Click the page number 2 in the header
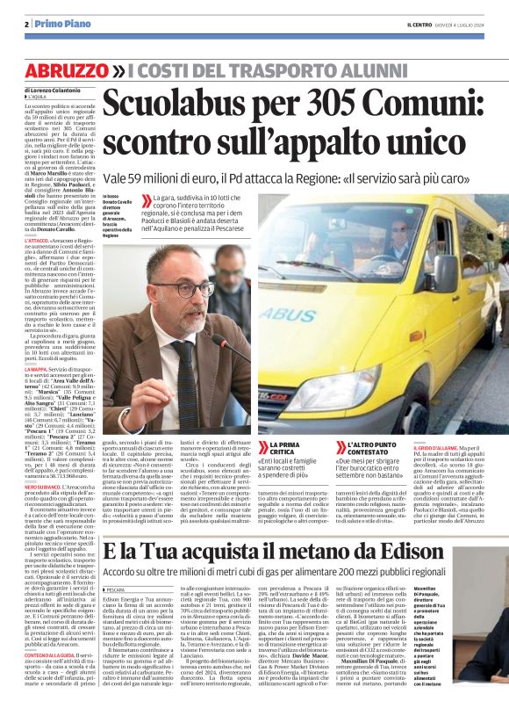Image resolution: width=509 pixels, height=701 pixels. [26, 25]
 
